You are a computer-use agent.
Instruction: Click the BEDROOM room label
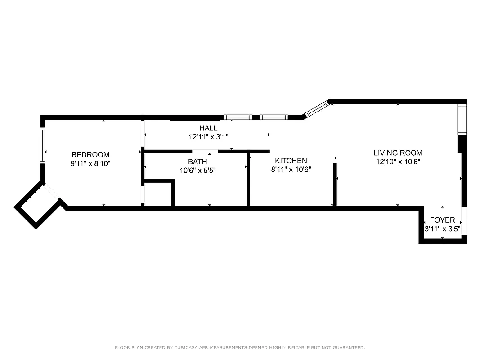tap(90, 155)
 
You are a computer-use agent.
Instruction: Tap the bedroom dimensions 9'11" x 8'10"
tap(90, 164)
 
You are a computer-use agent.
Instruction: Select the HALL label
tap(208, 128)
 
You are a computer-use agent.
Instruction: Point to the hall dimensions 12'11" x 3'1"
tap(209, 136)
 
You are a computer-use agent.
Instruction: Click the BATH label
tap(197, 162)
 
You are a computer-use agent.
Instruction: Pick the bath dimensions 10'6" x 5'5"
tap(198, 170)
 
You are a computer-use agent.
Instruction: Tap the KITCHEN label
tap(291, 161)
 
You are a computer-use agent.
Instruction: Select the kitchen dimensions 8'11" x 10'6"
tap(291, 170)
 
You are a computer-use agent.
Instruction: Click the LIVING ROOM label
tap(398, 153)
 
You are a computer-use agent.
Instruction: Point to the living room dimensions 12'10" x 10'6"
tap(398, 162)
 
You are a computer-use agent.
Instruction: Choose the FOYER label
tap(442, 220)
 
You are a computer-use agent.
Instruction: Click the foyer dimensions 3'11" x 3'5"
tap(442, 229)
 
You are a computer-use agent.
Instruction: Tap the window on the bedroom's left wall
tap(42, 145)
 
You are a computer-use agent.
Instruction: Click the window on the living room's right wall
tap(461, 119)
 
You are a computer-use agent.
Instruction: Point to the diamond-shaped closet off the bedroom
tap(38, 206)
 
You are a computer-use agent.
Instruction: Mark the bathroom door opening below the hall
tap(206, 152)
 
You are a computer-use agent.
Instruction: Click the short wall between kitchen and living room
tap(335, 184)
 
